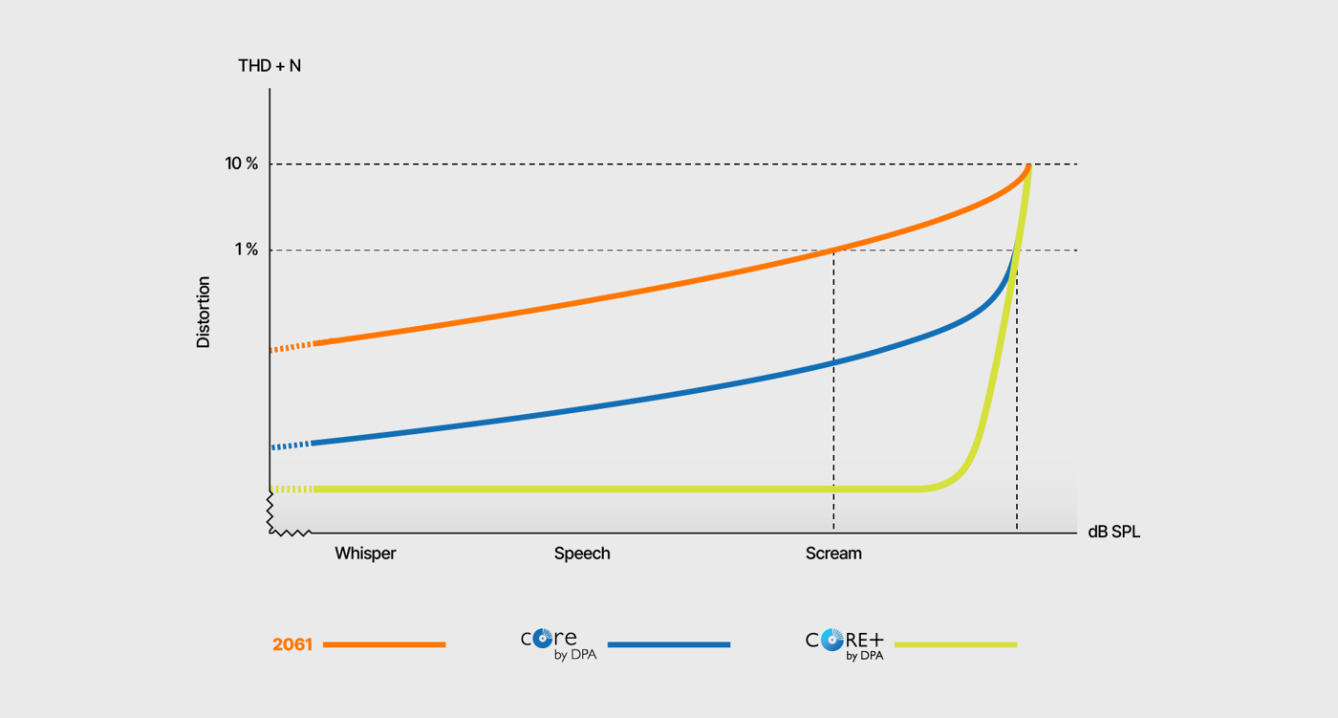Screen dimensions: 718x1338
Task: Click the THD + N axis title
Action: point(270,66)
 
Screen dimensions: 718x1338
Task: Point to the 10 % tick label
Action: point(242,163)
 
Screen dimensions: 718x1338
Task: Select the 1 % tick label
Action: point(247,250)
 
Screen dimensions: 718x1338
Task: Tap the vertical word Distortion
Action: point(204,312)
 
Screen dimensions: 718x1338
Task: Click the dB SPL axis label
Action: point(1113,533)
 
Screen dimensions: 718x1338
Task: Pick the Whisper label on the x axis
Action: point(365,554)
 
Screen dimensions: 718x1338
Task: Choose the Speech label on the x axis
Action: point(582,554)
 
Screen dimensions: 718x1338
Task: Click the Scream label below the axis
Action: point(833,554)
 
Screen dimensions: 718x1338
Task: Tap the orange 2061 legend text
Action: point(292,644)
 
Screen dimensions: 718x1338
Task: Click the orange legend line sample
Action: point(384,644)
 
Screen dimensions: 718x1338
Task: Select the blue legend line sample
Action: point(669,644)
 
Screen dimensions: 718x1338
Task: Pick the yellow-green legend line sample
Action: point(956,644)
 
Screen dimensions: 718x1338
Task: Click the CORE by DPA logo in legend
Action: point(558,643)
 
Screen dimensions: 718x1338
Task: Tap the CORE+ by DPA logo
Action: point(845,643)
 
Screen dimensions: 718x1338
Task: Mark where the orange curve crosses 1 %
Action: point(833,250)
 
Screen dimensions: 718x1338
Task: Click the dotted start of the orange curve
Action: point(291,346)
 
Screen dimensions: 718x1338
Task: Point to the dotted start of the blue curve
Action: point(291,446)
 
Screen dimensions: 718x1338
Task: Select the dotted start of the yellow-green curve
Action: point(291,490)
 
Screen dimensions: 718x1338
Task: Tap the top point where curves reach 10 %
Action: point(1028,166)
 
